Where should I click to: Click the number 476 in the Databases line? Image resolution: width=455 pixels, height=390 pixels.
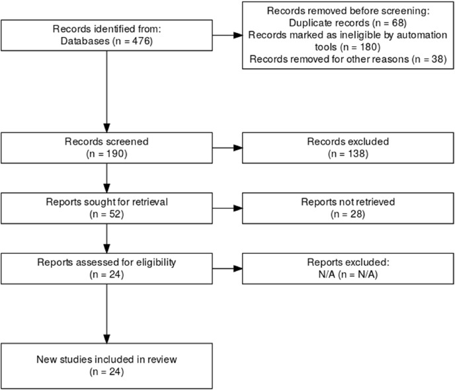pyautogui.click(x=141, y=41)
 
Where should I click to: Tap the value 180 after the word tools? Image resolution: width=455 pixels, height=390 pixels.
pyautogui.click(x=368, y=47)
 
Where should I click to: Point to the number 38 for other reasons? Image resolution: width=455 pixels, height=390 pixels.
pyautogui.click(x=437, y=59)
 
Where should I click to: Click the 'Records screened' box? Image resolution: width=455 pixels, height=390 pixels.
pyautogui.click(x=106, y=148)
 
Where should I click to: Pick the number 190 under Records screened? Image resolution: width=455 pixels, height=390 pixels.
pyautogui.click(x=116, y=153)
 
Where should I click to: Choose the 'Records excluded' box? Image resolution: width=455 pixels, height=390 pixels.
pyautogui.click(x=348, y=148)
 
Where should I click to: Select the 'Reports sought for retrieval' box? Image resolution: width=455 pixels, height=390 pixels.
pyautogui.click(x=106, y=208)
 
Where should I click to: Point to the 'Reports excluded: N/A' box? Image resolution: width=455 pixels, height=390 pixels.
pyautogui.click(x=348, y=268)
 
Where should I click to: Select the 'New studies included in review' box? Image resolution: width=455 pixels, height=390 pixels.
pyautogui.click(x=106, y=366)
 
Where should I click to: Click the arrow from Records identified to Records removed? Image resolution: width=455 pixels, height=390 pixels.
pyautogui.click(x=227, y=36)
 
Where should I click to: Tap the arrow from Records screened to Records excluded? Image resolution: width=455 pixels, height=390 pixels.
pyautogui.click(x=227, y=148)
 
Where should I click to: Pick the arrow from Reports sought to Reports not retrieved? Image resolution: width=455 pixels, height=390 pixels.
pyautogui.click(x=227, y=208)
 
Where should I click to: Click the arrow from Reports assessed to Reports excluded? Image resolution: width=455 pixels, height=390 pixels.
pyautogui.click(x=227, y=268)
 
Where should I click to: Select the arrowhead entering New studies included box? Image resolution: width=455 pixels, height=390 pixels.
pyautogui.click(x=106, y=339)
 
